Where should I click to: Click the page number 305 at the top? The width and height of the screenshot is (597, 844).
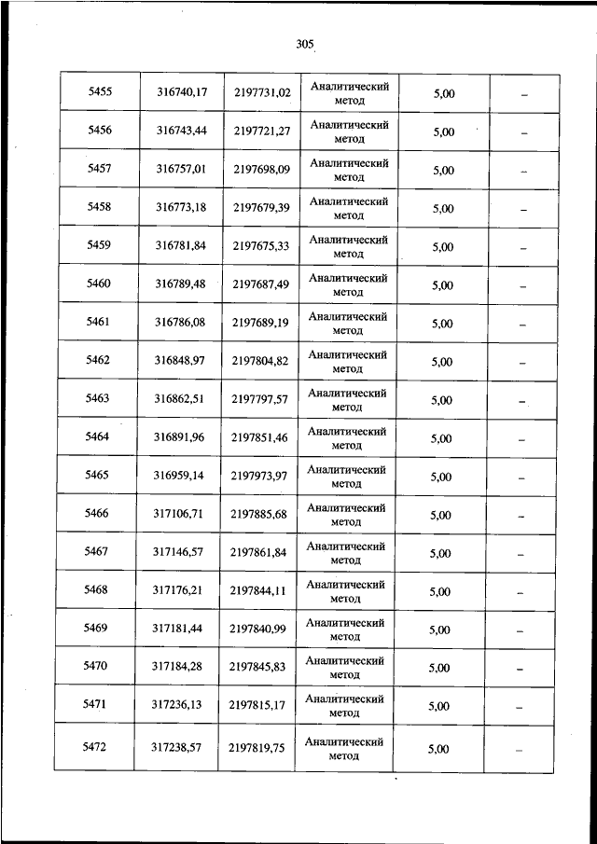click(303, 44)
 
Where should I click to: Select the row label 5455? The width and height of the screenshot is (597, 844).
click(100, 92)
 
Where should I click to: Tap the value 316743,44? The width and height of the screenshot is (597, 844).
click(181, 131)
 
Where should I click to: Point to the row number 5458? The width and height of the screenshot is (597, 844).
click(99, 208)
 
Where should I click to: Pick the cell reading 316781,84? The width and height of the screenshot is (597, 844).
click(180, 246)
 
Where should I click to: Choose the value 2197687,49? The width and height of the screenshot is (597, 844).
click(260, 284)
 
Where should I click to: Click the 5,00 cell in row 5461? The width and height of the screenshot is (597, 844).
click(442, 324)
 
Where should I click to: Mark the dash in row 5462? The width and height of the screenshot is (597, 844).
click(522, 363)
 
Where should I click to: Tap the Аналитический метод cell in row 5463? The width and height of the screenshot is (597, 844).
click(347, 400)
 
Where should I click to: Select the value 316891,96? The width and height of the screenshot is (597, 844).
click(179, 437)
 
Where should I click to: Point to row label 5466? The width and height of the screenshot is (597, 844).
click(96, 514)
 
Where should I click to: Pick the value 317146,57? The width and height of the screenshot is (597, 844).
click(178, 552)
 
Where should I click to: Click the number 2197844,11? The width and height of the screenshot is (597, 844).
click(259, 590)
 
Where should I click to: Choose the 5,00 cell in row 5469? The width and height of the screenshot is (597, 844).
click(440, 630)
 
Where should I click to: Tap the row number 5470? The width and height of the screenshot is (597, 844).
click(96, 667)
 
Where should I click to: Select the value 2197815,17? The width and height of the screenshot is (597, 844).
click(259, 706)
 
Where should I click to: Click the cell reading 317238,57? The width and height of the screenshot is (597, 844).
click(177, 748)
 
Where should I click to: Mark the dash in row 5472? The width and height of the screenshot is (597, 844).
click(521, 751)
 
